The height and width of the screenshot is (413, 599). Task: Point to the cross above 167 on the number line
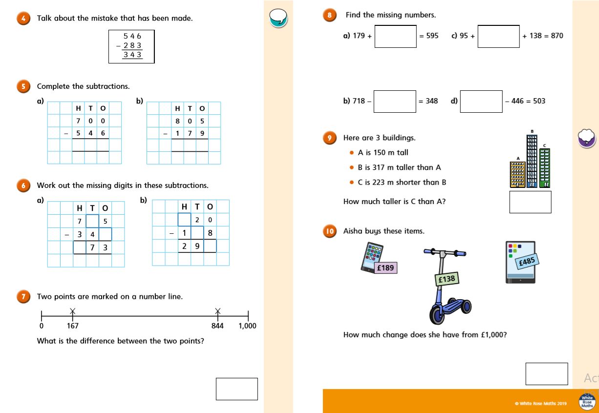click(72, 310)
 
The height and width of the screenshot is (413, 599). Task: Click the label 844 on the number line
click(217, 326)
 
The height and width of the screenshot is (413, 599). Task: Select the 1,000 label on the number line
click(247, 326)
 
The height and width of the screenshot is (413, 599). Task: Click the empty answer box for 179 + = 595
click(395, 36)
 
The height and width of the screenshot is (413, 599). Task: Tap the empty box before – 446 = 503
click(481, 101)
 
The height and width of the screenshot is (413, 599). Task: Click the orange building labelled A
click(517, 175)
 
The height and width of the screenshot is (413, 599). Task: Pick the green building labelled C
click(544, 168)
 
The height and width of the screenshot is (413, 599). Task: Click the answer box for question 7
click(236, 389)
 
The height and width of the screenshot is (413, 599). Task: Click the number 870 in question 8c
click(556, 36)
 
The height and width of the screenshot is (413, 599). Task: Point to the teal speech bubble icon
click(278, 18)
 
